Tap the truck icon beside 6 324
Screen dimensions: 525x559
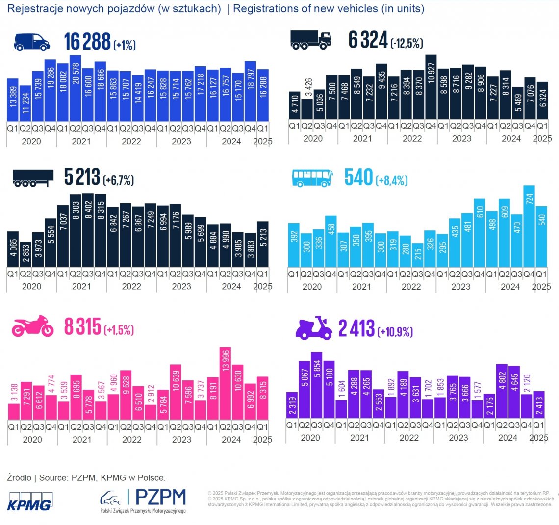click(x=310, y=39)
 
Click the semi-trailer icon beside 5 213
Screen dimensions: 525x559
click(x=32, y=178)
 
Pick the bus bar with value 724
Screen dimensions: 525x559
click(x=529, y=226)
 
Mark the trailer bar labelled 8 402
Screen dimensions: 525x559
click(x=88, y=230)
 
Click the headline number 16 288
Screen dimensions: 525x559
click(x=87, y=42)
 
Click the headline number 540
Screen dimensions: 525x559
click(x=359, y=177)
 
